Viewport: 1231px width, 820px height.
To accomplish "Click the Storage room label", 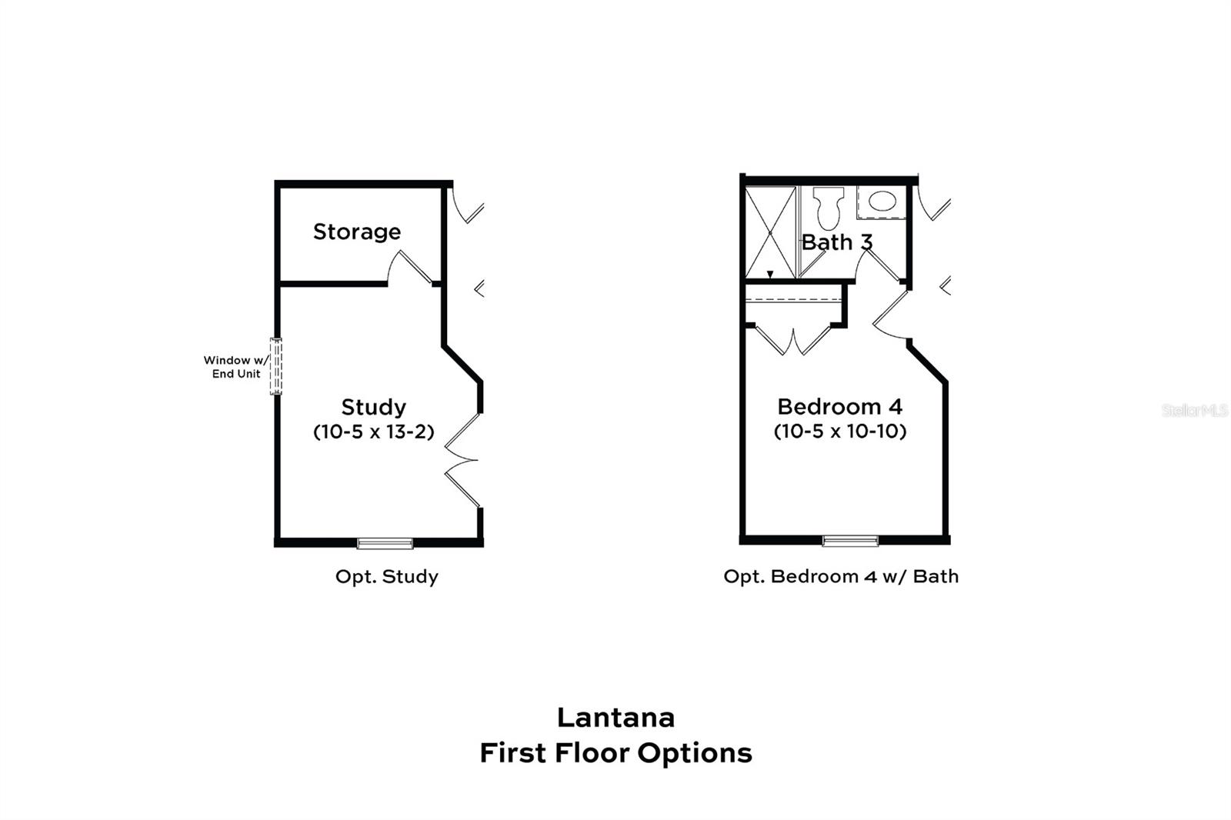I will (x=356, y=232).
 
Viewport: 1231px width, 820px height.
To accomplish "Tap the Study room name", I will (x=373, y=407).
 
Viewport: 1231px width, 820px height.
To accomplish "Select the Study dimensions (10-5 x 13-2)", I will (x=373, y=432).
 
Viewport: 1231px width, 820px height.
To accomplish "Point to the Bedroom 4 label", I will (x=839, y=406).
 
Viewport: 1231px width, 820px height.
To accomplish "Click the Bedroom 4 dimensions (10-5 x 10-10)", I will (x=839, y=431).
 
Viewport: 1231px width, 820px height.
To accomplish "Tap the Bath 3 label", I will (x=836, y=242).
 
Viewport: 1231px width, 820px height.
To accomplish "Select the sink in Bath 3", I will (x=882, y=202).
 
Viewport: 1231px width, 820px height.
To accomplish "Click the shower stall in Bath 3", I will (x=770, y=232).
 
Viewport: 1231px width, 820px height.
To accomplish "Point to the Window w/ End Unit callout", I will (x=236, y=367).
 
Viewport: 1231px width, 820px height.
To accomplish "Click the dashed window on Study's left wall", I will (x=276, y=366).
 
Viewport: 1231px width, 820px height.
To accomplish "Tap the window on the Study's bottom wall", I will (x=385, y=543).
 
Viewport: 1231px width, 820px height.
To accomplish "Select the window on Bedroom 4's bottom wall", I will (x=850, y=541).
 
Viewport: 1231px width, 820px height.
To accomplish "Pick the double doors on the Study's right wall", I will (x=462, y=460).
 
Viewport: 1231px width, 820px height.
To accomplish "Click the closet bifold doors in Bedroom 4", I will (x=793, y=340).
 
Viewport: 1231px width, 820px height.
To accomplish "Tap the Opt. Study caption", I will (x=386, y=577).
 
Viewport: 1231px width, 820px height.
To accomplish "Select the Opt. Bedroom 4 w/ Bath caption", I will (x=841, y=577).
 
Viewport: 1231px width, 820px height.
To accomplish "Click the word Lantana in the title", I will (x=615, y=718).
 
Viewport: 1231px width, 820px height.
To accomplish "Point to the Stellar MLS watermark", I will (x=1194, y=411).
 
